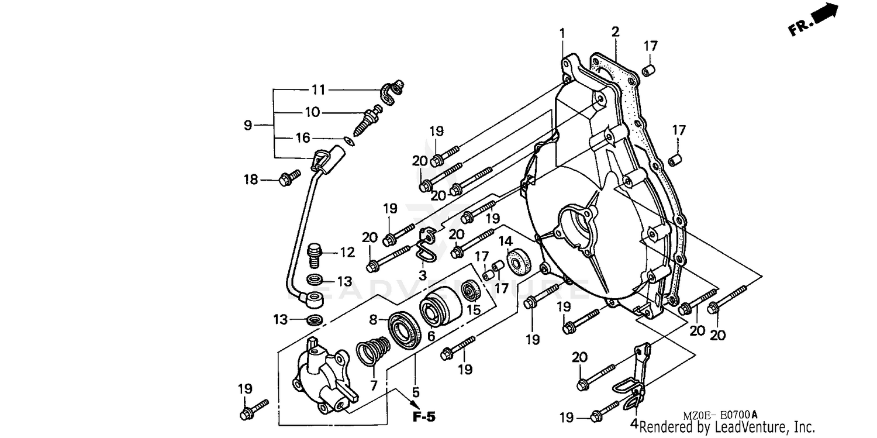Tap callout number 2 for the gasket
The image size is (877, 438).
pos(615,32)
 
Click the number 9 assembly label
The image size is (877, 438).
pos(248,125)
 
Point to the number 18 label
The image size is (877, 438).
pos(251,180)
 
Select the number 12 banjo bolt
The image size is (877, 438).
pos(315,253)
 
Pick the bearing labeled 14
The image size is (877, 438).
pos(518,262)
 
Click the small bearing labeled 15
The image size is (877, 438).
pos(471,290)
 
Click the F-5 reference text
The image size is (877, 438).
pos(424,417)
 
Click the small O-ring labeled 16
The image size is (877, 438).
pos(349,140)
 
